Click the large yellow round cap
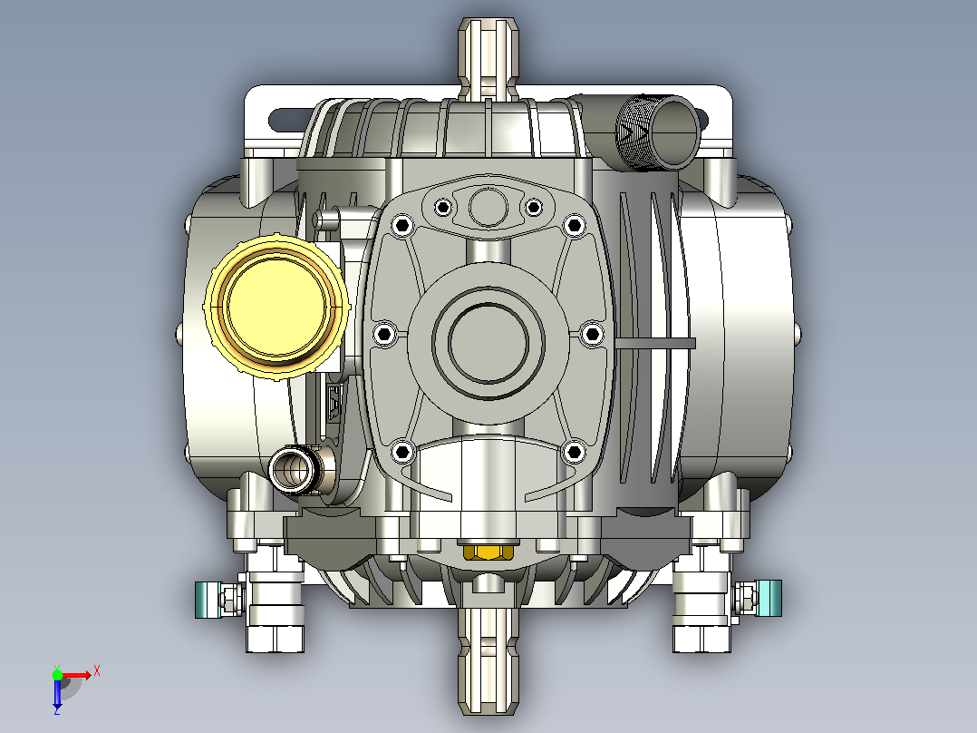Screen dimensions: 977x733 pos(276,307)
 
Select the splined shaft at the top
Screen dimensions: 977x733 pos(488,59)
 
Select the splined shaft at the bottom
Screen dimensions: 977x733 pos(488,660)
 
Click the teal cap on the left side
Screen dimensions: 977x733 pos(208,600)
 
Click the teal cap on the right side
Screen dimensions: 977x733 pos(769,598)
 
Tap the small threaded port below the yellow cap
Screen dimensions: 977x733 pos(292,470)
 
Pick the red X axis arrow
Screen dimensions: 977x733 pos(77,675)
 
